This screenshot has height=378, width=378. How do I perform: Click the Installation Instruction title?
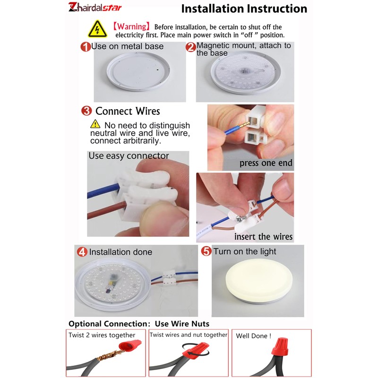pos(244,9)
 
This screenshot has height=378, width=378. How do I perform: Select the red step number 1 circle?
pos(86,47)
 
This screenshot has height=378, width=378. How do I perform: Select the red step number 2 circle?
pos(190,47)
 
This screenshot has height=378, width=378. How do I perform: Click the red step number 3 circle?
pos(86,111)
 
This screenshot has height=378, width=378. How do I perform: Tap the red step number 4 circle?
pos(82,252)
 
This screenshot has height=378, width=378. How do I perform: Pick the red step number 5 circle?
pos(206,251)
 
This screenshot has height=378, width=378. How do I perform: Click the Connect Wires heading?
pos(128,111)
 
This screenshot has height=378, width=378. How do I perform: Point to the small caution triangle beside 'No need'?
pos(95,124)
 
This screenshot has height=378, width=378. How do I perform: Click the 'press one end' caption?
pos(266,163)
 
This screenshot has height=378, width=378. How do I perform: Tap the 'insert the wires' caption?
pos(264,236)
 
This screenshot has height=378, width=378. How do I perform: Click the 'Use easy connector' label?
pos(129,155)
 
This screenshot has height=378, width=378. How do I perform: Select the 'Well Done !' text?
pos(254,336)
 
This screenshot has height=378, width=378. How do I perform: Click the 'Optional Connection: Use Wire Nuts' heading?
pos(139,324)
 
